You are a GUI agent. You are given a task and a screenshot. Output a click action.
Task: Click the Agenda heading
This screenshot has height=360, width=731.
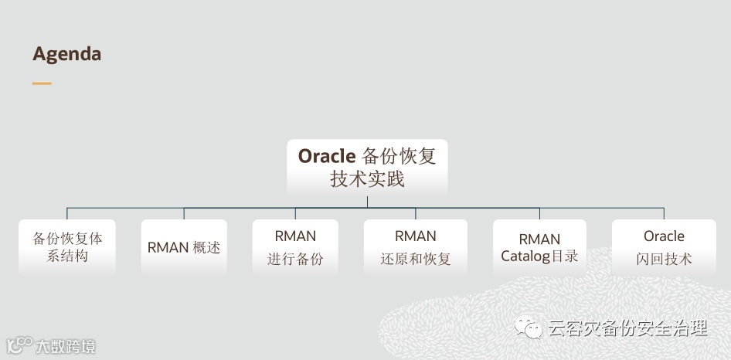(x=66, y=54)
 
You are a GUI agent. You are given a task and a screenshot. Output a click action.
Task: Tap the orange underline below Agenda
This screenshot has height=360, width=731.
(x=42, y=83)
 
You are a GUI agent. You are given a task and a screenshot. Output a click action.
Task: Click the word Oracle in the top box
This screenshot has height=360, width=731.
(x=326, y=155)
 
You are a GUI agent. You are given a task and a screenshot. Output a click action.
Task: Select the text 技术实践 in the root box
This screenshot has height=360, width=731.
(x=367, y=179)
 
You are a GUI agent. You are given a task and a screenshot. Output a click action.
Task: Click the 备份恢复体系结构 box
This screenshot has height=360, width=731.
(x=67, y=247)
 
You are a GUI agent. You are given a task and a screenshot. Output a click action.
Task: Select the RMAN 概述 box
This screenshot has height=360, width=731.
(x=184, y=247)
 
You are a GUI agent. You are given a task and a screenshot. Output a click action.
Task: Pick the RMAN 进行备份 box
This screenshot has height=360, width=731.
(x=295, y=247)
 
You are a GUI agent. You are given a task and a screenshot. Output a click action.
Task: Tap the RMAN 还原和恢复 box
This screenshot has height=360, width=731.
(x=416, y=247)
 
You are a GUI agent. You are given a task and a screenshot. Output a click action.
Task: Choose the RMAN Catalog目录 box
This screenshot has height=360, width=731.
(x=539, y=247)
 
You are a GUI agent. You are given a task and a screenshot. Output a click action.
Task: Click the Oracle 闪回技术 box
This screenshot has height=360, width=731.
(x=664, y=247)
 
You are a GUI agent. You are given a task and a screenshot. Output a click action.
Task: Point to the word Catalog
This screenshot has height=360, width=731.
(x=524, y=256)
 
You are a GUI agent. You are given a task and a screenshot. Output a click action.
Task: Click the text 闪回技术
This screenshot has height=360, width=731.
(x=664, y=259)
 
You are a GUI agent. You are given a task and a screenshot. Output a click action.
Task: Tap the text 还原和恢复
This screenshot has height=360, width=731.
(x=416, y=259)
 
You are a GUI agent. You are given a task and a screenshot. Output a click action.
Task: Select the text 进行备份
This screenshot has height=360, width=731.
(x=295, y=259)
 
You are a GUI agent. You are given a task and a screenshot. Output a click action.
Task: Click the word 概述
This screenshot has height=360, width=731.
(x=206, y=247)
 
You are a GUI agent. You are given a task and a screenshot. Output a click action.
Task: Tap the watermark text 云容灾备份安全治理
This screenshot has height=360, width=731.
(x=627, y=328)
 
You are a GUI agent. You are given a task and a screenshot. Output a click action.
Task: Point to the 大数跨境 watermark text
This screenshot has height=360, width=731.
(x=66, y=345)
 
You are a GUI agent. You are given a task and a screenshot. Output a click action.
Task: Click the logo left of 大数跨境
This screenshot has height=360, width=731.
(x=19, y=344)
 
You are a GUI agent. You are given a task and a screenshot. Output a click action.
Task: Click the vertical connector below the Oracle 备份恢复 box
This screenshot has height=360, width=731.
(x=367, y=202)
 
